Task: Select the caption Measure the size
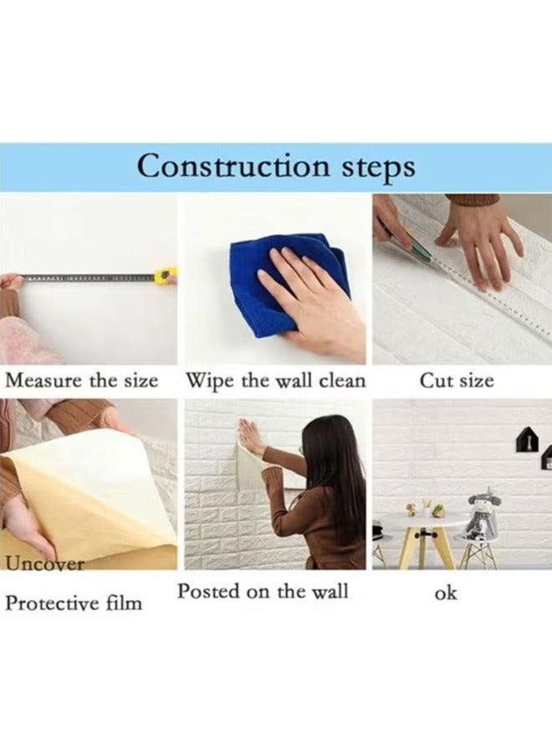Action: point(82,381)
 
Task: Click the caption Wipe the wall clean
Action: point(275,381)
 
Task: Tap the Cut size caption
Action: point(457,382)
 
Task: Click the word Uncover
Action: point(46,563)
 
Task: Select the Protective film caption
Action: point(74,602)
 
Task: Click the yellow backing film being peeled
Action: point(84,502)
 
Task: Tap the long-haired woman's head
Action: point(330,443)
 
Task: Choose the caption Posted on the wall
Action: point(263,591)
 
